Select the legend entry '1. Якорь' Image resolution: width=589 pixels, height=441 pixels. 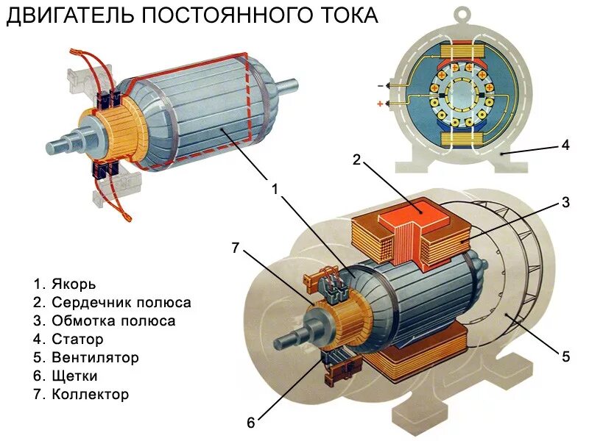[64, 283]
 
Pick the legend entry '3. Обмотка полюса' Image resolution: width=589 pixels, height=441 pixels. [104, 321]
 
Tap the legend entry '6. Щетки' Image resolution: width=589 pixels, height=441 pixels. [66, 376]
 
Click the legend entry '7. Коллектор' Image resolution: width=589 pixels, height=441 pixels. [81, 395]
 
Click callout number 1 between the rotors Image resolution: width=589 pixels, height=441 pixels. [275, 189]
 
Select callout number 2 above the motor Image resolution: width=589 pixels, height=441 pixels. [356, 159]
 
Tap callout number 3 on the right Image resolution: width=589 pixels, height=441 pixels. [565, 202]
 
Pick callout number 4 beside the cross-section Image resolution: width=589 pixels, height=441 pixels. [565, 145]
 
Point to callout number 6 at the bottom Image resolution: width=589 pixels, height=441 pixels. [250, 422]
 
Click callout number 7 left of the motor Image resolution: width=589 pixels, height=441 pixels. [236, 248]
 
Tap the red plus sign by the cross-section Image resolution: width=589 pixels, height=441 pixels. [381, 104]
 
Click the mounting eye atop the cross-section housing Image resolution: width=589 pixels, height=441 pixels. [461, 14]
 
